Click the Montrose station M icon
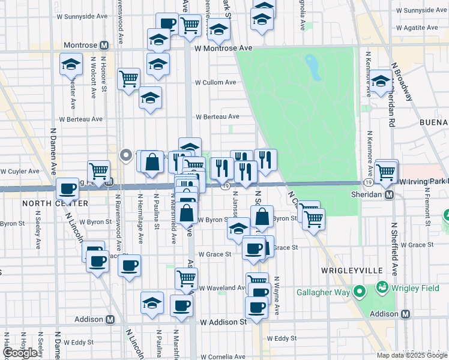(104, 45)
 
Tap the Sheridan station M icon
(390, 194)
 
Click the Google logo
(20, 353)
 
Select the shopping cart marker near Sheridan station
(387, 171)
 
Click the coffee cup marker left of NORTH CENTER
(67, 189)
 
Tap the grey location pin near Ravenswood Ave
(126, 155)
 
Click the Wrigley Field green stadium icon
(381, 287)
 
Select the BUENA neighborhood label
(434, 122)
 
